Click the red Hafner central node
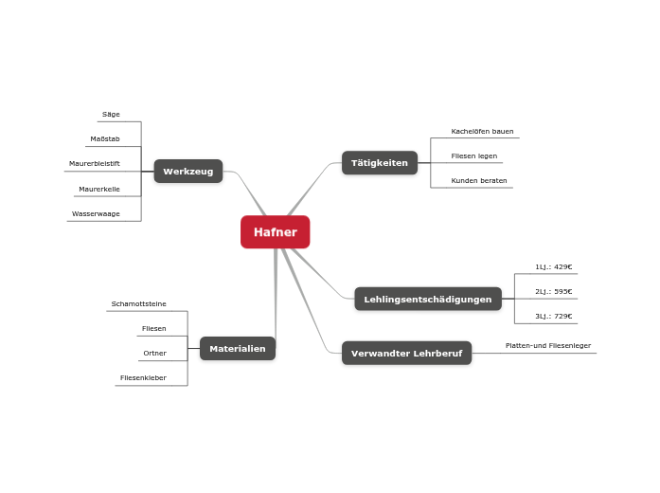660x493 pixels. [275, 232]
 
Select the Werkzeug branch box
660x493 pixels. [187, 172]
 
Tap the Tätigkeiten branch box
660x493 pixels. [379, 163]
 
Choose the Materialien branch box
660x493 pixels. [237, 349]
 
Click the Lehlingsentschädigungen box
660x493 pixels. [427, 300]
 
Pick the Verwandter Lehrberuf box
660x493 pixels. [406, 354]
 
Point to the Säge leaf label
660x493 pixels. [111, 115]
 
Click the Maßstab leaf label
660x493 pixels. [104, 139]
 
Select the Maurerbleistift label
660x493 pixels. [94, 164]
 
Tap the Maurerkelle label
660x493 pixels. [98, 190]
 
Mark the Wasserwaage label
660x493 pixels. [96, 214]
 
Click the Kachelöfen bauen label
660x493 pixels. [482, 132]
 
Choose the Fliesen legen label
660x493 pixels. [473, 156]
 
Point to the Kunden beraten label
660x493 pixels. [478, 181]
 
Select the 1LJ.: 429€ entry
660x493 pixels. [553, 267]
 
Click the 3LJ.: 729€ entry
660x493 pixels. [553, 317]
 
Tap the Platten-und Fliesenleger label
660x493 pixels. [547, 346]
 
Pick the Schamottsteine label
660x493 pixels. [138, 304]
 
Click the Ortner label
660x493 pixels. [154, 354]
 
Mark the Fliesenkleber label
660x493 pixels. [143, 378]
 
